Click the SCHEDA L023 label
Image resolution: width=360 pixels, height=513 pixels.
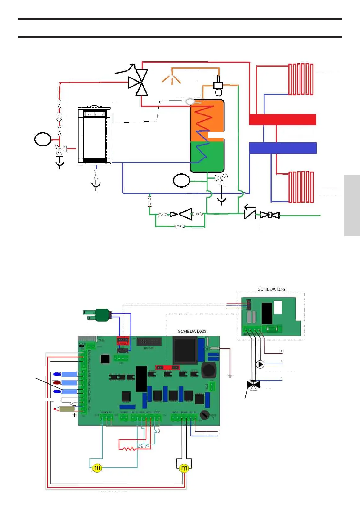[192, 331]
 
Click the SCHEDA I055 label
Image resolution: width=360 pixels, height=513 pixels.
[271, 289]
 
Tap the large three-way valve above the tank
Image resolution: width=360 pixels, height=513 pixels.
[138, 83]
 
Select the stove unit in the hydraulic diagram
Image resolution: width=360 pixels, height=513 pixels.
[94, 135]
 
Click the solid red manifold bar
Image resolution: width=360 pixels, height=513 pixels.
[282, 120]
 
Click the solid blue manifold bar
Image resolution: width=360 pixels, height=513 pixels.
[282, 148]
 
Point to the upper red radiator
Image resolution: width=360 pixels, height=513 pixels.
[301, 79]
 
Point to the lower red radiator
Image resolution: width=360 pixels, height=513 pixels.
[301, 187]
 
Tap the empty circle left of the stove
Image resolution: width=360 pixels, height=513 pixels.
[43, 139]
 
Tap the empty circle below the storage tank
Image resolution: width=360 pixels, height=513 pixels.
[181, 181]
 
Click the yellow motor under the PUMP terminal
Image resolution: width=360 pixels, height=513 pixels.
[184, 468]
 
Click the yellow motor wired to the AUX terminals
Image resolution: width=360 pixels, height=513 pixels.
[97, 467]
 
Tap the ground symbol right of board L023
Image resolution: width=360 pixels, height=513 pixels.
[230, 376]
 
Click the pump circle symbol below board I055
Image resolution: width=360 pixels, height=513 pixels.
[260, 364]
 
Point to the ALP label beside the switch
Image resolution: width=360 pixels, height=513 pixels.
[159, 430]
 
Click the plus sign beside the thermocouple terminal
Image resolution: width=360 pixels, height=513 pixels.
[74, 415]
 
